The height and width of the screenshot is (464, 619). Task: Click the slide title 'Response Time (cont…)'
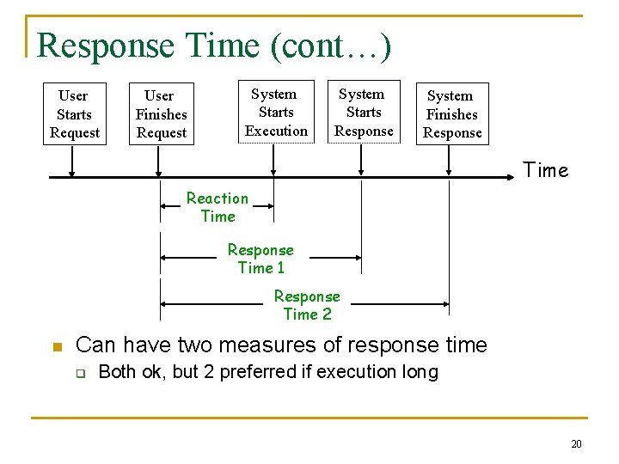click(x=214, y=46)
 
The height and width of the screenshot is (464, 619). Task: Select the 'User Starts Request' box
click(x=74, y=114)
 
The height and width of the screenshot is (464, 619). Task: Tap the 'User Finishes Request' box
click(x=161, y=114)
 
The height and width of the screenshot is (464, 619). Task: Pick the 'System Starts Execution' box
click(x=276, y=113)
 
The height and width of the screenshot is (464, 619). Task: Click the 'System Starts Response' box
click(x=364, y=113)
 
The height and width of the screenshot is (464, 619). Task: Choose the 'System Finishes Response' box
click(x=452, y=114)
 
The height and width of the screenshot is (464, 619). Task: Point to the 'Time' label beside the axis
click(x=546, y=170)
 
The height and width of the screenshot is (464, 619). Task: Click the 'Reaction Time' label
click(x=218, y=207)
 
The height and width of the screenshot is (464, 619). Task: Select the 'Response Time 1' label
click(x=260, y=259)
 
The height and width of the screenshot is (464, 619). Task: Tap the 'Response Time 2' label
click(x=307, y=305)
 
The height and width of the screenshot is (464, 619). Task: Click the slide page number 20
click(x=576, y=443)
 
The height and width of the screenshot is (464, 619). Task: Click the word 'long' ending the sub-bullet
click(x=420, y=373)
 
